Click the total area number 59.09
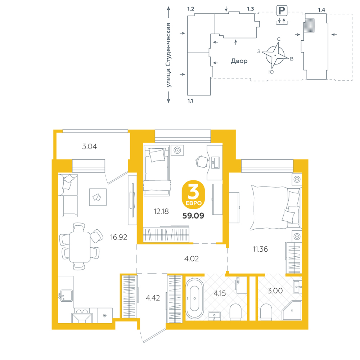point(193,216)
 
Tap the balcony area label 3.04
point(90,147)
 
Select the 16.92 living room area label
point(118,237)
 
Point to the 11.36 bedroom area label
point(260,249)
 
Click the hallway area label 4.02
point(192,259)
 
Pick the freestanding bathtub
point(194,298)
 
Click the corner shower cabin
point(292,310)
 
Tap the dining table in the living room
point(80,247)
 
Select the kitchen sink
point(66,296)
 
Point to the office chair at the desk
point(202,161)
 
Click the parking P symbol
point(282,10)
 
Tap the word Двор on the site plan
point(239,61)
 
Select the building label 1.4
point(321,10)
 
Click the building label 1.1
point(190,101)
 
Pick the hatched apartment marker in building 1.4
point(309,26)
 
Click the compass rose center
point(275,55)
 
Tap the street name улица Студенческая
point(169,55)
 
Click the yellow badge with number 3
point(193,194)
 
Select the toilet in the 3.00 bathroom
point(266,312)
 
